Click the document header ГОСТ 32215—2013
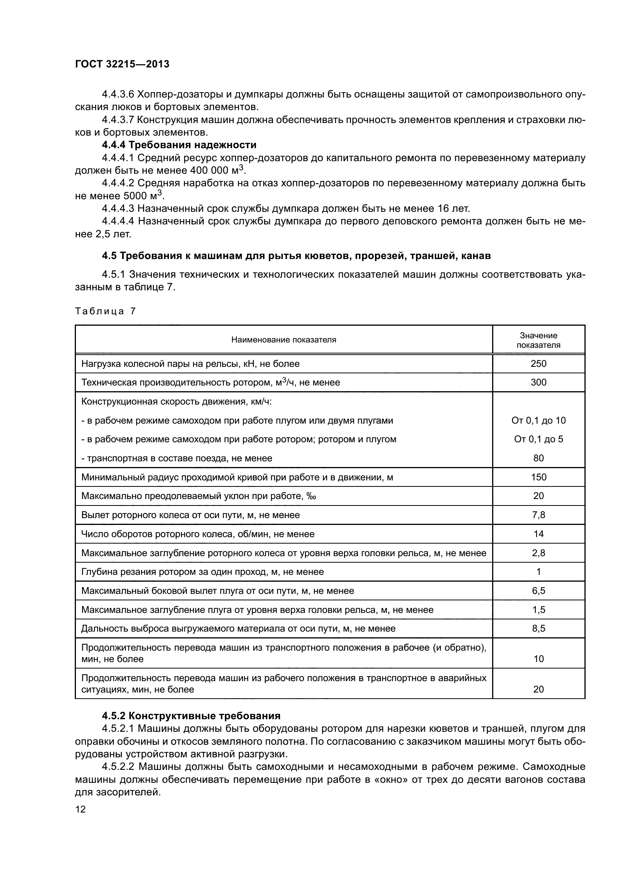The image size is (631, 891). [122, 64]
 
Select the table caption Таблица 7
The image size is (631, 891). [105, 311]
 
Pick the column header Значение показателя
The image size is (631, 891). [538, 340]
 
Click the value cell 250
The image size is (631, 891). [538, 364]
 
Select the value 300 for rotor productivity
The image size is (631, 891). [538, 382]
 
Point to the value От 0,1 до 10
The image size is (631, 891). [538, 420]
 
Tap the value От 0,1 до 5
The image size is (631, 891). [538, 439]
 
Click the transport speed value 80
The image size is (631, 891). [538, 458]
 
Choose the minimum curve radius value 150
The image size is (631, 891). [538, 477]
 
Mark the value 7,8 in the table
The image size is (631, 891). [538, 515]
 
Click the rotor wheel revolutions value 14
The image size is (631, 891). [538, 534]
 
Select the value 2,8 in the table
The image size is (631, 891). [538, 553]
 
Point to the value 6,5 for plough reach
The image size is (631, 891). [538, 591]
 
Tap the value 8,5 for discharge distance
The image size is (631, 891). [538, 628]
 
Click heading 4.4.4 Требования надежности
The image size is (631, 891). [179, 145]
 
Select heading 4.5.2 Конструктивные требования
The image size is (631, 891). [191, 716]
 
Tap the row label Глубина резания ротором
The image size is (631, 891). [202, 572]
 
